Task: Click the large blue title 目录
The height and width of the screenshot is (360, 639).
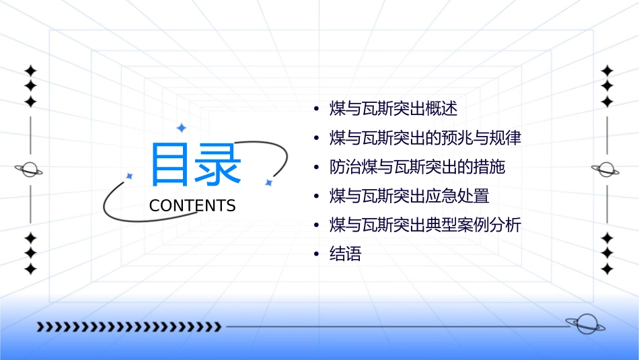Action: pos(196,164)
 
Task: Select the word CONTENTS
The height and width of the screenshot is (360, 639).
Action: pos(192,205)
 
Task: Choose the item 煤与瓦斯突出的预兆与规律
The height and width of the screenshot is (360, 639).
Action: pos(425,138)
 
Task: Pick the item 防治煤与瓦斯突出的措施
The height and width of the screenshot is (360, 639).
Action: pos(417,167)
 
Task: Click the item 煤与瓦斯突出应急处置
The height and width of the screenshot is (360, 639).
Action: pos(409,196)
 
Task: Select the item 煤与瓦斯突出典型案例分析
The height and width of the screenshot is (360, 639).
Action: pos(425,225)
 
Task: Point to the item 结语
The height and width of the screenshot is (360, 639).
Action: pos(345,254)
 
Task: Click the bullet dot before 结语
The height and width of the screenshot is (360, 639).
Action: pos(316,255)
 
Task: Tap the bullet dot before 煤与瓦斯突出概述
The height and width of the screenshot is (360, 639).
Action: pos(316,109)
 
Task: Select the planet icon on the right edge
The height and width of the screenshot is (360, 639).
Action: pos(607,170)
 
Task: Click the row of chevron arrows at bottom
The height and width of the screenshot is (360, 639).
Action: pos(128,327)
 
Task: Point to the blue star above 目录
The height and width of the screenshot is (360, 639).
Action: pos(180,127)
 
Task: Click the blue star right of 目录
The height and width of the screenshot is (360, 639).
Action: pos(268,182)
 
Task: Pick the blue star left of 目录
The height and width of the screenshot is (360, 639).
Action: pos(130,176)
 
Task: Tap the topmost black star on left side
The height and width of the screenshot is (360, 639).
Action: pos(30,70)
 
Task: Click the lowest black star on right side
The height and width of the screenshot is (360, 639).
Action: pos(607,269)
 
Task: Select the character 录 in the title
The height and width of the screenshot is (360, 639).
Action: pos(219,164)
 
